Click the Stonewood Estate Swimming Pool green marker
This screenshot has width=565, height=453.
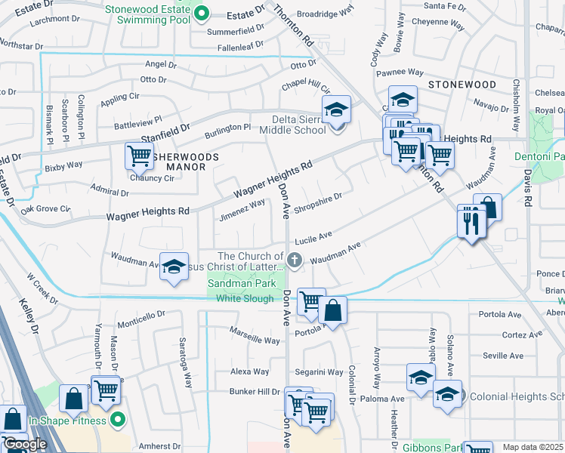tap(201, 13)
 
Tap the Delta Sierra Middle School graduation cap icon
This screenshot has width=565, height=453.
tap(336, 110)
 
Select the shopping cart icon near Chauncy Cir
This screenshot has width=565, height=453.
tap(140, 156)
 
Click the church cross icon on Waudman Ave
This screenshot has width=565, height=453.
tap(295, 260)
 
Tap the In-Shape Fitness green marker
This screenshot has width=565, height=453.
tap(117, 419)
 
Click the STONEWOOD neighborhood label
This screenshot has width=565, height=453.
tap(462, 85)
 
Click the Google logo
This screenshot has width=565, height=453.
tap(25, 445)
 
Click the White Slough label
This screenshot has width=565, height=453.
tap(245, 298)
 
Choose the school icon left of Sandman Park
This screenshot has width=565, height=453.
tap(174, 267)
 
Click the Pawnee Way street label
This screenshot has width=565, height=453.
tap(400, 72)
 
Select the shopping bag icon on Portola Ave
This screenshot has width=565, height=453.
tap(332, 310)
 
